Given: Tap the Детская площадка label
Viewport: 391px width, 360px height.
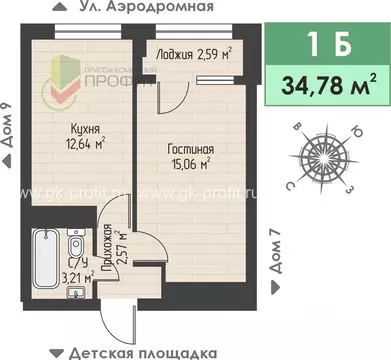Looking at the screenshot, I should point(152,351).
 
